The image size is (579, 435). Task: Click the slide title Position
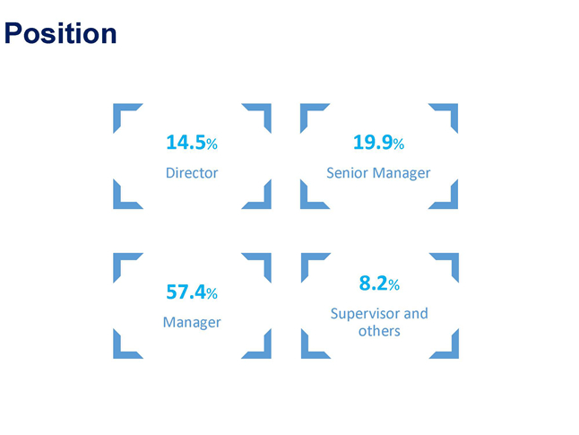(x=61, y=33)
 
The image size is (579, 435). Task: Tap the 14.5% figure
(x=192, y=143)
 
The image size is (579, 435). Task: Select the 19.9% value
(x=378, y=143)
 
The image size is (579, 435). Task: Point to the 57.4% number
(x=192, y=291)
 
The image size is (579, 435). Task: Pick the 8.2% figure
(x=379, y=283)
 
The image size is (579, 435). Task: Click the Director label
(x=192, y=173)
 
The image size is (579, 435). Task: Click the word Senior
(x=348, y=173)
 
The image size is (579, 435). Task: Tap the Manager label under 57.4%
(x=192, y=322)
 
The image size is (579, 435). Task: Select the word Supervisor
(x=365, y=314)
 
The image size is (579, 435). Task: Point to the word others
(x=379, y=331)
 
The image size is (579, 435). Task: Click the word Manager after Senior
(x=402, y=173)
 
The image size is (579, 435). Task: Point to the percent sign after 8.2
(x=394, y=285)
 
